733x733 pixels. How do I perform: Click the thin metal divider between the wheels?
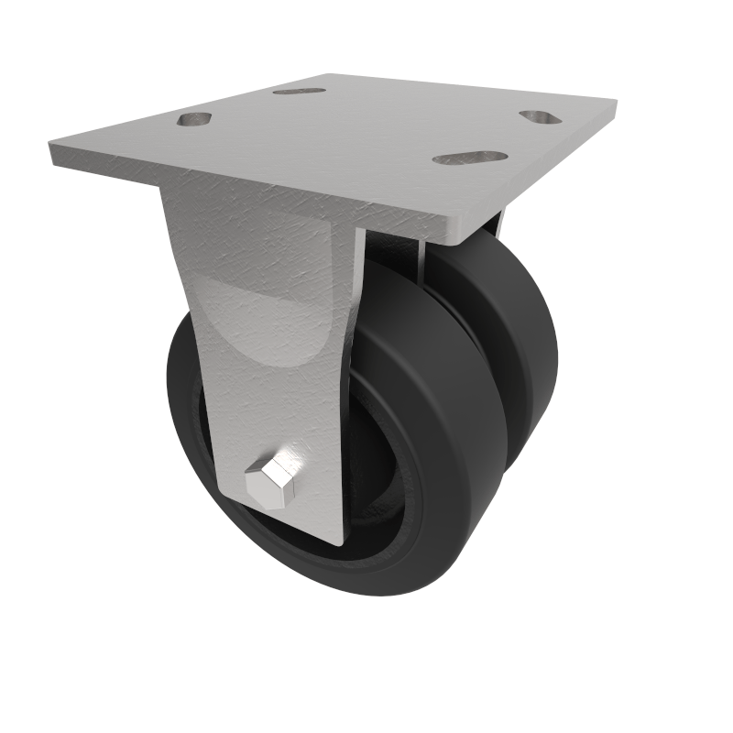click(416, 257)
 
